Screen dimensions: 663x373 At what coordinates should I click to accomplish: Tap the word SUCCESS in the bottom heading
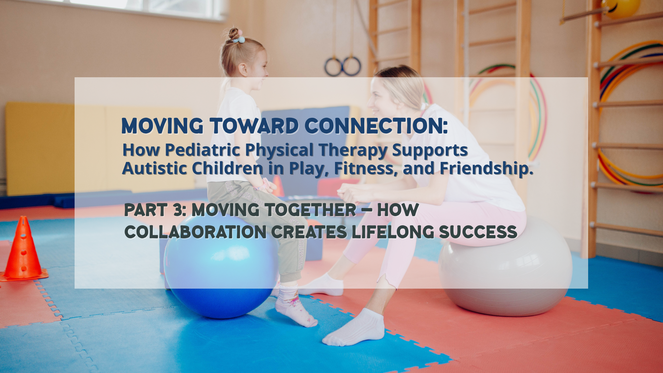478,232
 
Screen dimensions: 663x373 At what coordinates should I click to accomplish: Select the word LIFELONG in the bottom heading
393,232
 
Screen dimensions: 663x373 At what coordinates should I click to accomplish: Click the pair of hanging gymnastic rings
343,66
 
